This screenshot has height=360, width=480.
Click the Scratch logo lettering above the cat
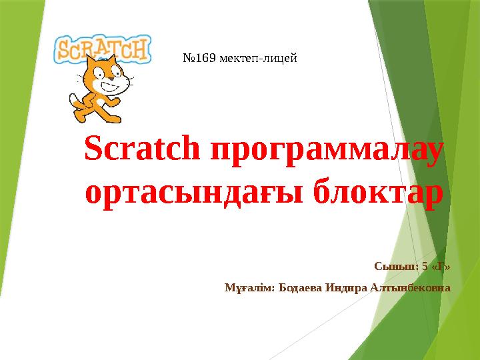[103, 49]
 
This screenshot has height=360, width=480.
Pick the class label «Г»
[441, 267]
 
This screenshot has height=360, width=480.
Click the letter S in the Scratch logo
[63, 50]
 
